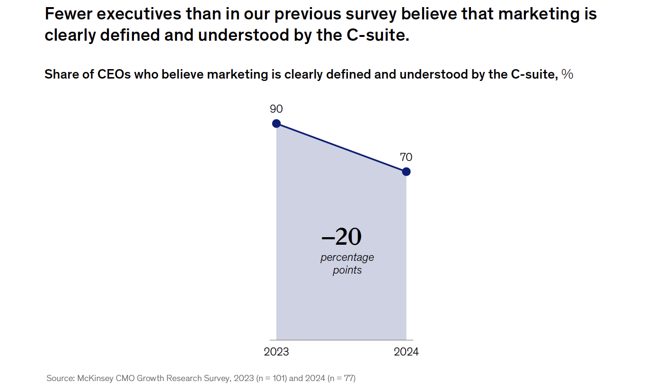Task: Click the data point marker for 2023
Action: coord(276,124)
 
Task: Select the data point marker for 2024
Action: coord(406,171)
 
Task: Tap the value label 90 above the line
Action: coord(276,109)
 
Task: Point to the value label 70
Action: coord(406,157)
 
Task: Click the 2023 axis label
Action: coord(276,352)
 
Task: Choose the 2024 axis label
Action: coord(406,352)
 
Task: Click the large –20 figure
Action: coord(341,237)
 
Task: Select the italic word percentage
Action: coord(347,258)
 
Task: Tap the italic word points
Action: coord(347,270)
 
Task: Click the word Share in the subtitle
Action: coord(61,74)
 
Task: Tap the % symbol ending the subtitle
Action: coord(567,74)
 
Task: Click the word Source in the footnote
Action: coord(59,378)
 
